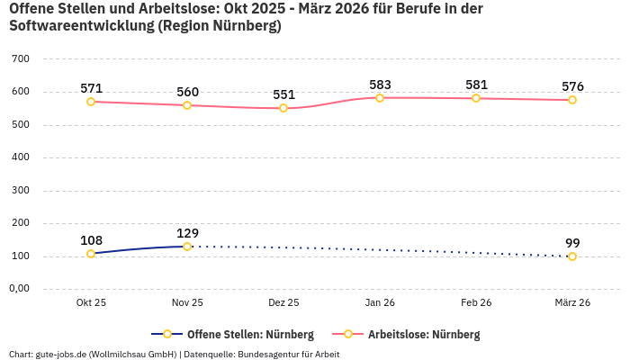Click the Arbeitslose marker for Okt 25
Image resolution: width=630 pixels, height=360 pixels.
click(x=91, y=102)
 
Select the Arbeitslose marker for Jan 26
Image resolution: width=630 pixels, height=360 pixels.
click(x=380, y=97)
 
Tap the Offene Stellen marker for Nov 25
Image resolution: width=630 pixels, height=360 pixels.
click(x=187, y=247)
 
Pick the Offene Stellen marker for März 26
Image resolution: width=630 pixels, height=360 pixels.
click(x=572, y=256)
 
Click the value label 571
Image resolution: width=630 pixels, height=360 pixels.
click(x=91, y=88)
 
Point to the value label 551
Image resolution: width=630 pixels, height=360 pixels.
click(x=283, y=94)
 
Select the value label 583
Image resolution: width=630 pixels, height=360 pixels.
click(x=380, y=85)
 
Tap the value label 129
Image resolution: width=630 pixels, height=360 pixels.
click(x=187, y=232)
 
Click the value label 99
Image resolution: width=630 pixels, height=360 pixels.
click(x=572, y=243)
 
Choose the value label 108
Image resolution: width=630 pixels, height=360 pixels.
click(x=91, y=240)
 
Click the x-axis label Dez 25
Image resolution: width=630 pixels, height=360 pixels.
click(x=283, y=303)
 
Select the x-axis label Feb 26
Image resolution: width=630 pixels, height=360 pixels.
click(x=476, y=303)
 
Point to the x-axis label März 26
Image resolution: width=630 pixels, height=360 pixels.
click(x=572, y=303)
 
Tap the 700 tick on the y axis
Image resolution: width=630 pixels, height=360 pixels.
click(x=21, y=58)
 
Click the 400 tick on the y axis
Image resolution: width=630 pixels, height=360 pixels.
click(x=21, y=157)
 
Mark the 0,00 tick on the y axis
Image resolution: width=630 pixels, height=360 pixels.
click(x=19, y=289)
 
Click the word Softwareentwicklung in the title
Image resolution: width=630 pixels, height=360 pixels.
click(x=80, y=26)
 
